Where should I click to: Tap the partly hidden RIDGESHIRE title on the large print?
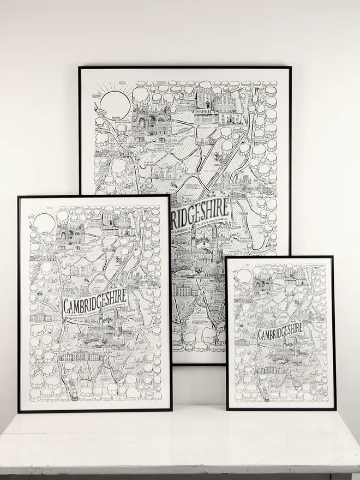click(x=202, y=213)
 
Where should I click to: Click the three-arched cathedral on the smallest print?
click(x=263, y=284)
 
